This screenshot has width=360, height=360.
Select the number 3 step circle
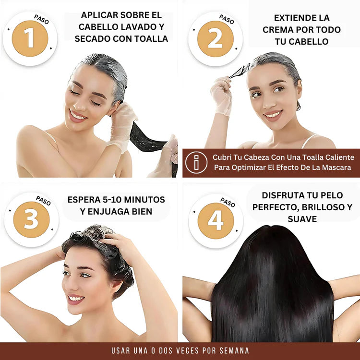click(31, 219)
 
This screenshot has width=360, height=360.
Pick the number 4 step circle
click(216, 221)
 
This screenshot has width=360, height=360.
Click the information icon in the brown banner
click(196, 162)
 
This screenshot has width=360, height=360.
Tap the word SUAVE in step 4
click(302, 219)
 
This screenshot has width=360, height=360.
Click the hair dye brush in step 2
click(240, 72)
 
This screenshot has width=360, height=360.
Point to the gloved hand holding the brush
click(222, 95)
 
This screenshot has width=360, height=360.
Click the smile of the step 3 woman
click(76, 299)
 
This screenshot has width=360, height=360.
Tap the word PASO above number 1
click(42, 19)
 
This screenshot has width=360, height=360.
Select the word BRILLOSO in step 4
click(324, 207)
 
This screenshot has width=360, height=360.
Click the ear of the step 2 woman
click(299, 91)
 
